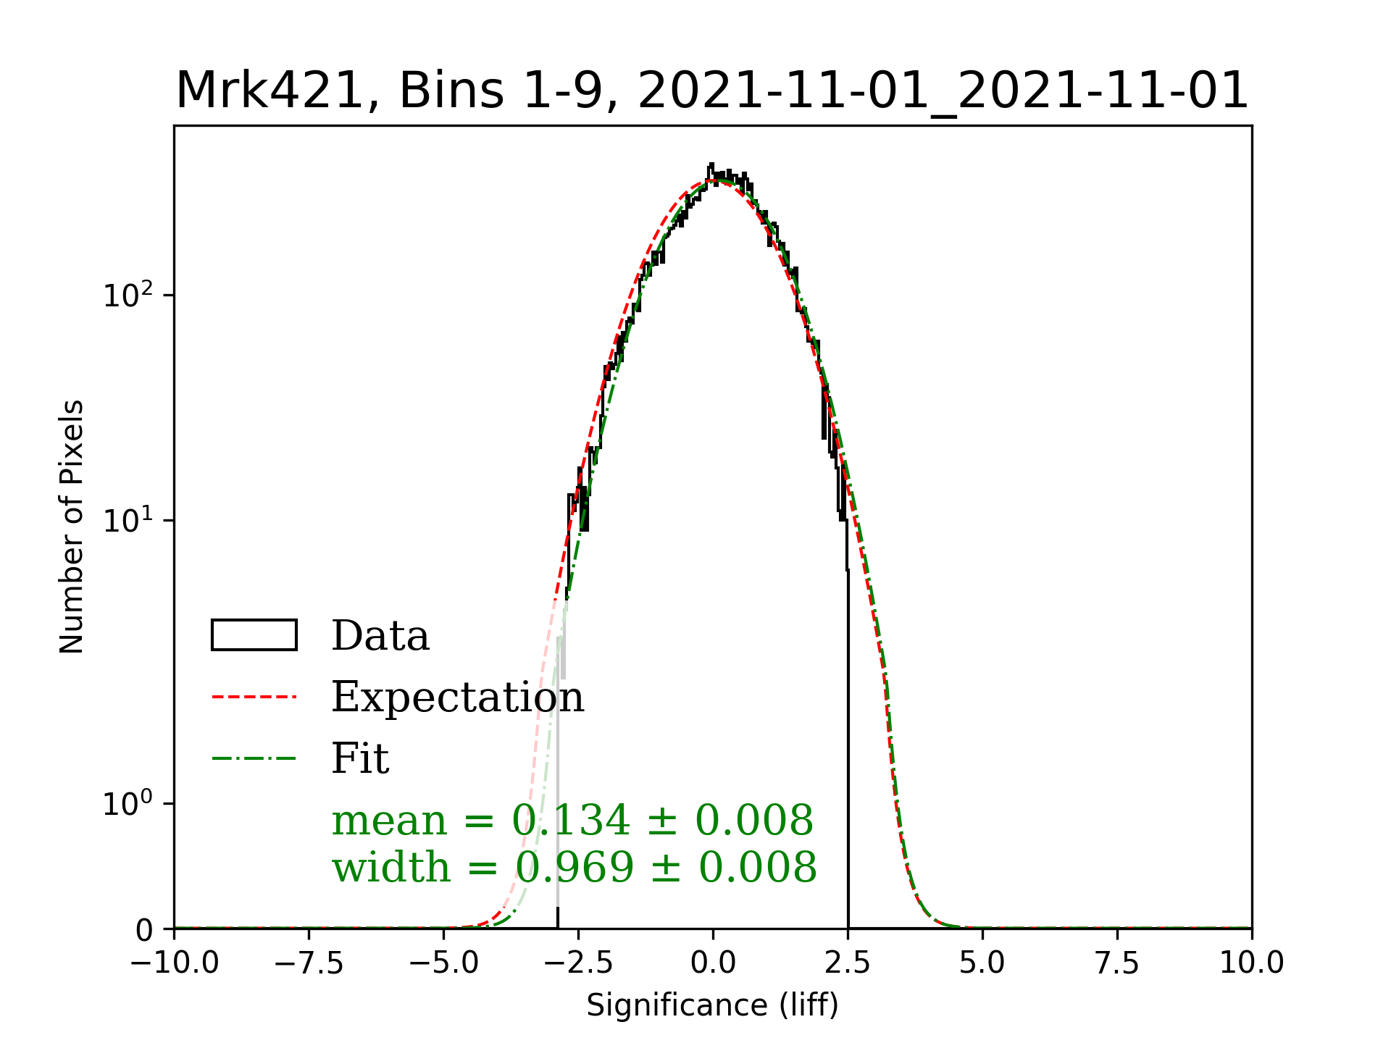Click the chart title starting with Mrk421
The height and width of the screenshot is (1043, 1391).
tap(712, 91)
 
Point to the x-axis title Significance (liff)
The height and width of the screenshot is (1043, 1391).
tap(712, 1005)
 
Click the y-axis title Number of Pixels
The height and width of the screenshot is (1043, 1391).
tap(72, 527)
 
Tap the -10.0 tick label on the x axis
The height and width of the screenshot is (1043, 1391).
tap(175, 963)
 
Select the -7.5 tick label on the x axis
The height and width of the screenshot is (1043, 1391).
tap(309, 963)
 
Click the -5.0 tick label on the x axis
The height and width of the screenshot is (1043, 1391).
tap(444, 963)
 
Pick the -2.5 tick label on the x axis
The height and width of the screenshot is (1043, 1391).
tap(579, 963)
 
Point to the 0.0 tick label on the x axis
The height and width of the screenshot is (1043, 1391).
tap(713, 963)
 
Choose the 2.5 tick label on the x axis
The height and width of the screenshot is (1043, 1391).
tap(848, 963)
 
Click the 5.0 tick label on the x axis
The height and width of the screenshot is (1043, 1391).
tap(982, 963)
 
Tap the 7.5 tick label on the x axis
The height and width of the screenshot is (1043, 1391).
tap(1117, 963)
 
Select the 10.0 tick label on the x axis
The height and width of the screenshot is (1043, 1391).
tap(1251, 963)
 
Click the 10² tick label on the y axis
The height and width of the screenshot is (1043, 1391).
tap(128, 295)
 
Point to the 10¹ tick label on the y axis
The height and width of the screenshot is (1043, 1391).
tap(128, 520)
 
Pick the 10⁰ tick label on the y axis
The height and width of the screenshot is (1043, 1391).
tap(128, 803)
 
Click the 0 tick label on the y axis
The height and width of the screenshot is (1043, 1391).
tap(145, 930)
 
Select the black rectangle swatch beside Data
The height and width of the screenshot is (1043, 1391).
tap(254, 635)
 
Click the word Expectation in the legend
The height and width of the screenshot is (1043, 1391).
tap(457, 697)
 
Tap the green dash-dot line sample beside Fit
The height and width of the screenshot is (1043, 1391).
tap(254, 758)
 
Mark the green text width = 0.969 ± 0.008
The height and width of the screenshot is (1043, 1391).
tap(575, 867)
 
